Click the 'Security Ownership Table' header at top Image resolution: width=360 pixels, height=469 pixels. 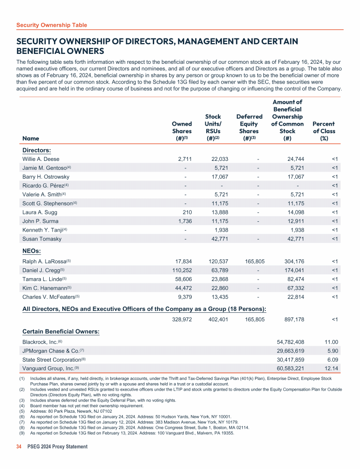52,25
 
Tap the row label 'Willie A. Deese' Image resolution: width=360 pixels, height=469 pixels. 41,159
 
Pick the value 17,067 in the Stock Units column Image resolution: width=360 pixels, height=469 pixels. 217,177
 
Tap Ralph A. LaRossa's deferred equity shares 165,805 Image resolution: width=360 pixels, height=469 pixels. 255,261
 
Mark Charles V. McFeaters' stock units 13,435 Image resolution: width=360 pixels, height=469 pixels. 217,297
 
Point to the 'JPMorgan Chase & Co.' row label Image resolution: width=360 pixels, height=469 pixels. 51,351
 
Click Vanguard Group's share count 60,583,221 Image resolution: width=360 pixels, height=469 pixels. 288,368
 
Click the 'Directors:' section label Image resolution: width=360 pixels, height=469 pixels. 37,150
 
